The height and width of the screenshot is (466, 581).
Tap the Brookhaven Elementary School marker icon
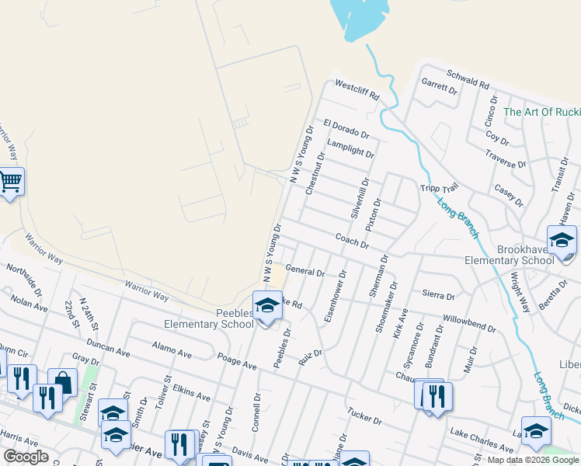(562, 241)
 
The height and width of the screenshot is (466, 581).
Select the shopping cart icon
(9, 183)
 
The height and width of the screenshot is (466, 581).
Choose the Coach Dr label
(352, 242)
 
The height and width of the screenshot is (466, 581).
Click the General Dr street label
(305, 271)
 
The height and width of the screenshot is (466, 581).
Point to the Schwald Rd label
(468, 78)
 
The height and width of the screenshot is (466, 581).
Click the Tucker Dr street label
(365, 416)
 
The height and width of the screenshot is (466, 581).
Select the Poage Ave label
(237, 363)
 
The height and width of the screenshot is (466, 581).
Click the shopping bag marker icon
(62, 384)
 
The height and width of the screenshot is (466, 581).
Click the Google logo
(26, 457)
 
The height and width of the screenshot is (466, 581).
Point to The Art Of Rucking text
(541, 112)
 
